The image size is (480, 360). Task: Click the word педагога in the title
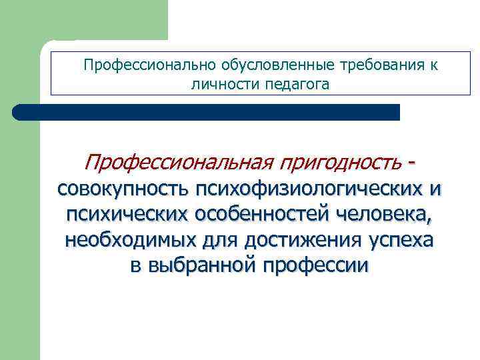point(297,85)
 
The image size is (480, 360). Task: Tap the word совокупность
point(123,190)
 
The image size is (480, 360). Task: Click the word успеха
point(399,241)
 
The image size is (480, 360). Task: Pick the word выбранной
point(201,266)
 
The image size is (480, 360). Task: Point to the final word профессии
point(316,266)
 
